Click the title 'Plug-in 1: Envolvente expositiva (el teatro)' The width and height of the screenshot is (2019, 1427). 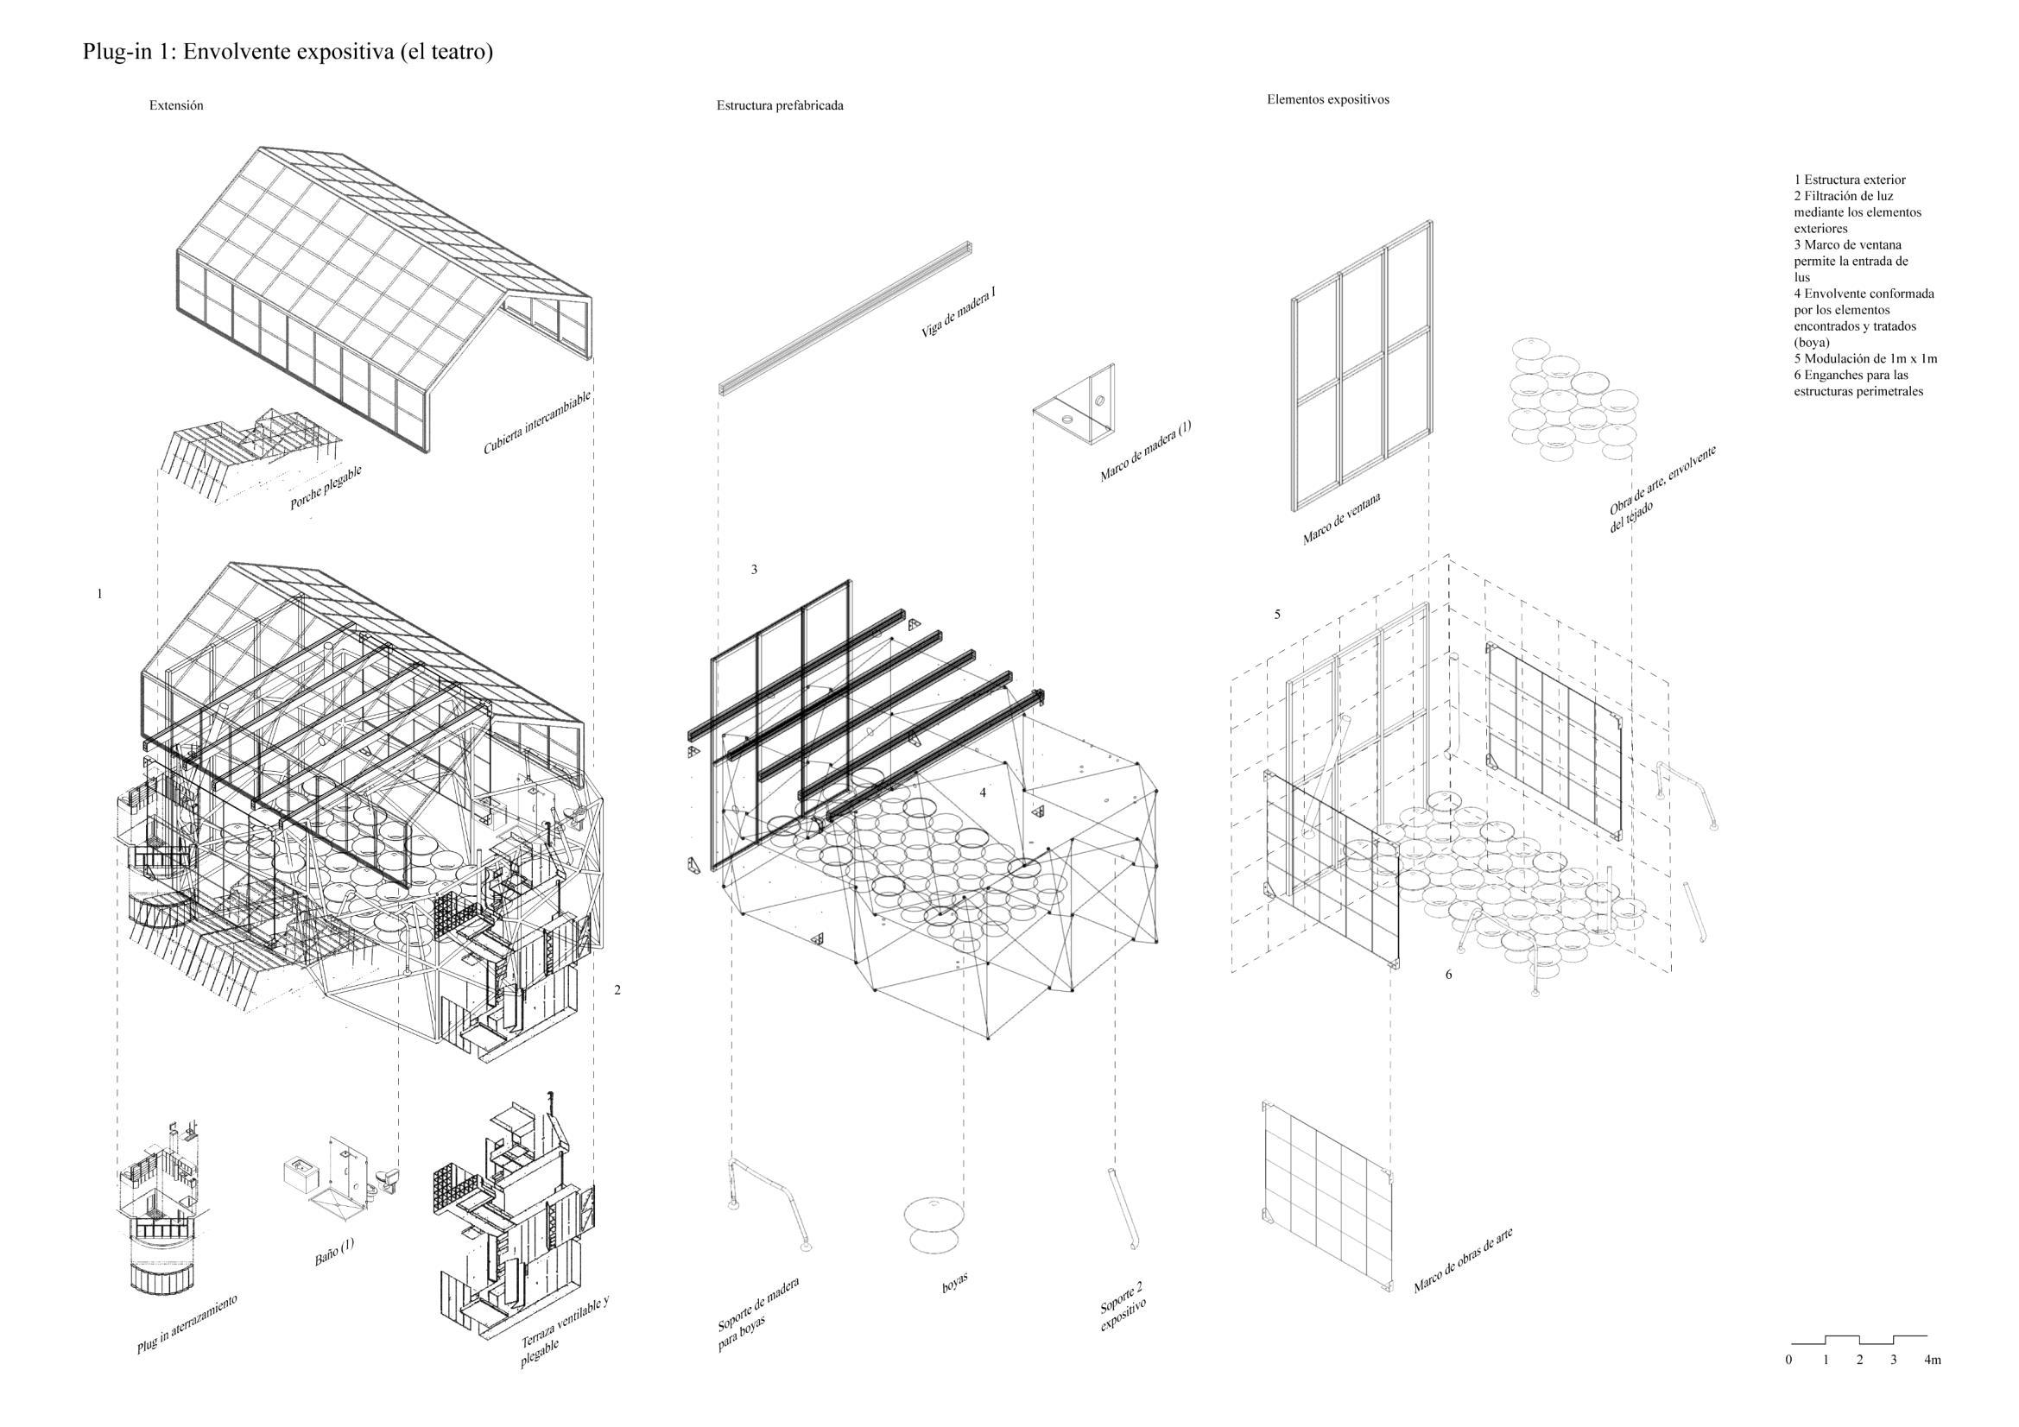click(288, 52)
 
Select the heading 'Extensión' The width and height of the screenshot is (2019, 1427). click(176, 105)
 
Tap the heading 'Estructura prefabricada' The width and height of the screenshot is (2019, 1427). click(779, 105)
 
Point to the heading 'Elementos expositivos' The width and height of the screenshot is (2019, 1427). click(1327, 99)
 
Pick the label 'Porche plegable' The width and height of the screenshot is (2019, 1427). click(326, 488)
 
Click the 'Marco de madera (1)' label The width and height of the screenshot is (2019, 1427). click(1145, 450)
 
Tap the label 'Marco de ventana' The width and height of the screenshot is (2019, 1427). click(1341, 519)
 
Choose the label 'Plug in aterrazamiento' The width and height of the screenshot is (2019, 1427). click(187, 1323)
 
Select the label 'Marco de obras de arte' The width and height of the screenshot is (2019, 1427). click(1462, 1260)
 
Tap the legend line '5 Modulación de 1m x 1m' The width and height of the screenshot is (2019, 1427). click(1865, 359)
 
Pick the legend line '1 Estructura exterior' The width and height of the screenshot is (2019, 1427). click(1849, 180)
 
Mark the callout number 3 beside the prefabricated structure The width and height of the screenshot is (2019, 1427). click(754, 570)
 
